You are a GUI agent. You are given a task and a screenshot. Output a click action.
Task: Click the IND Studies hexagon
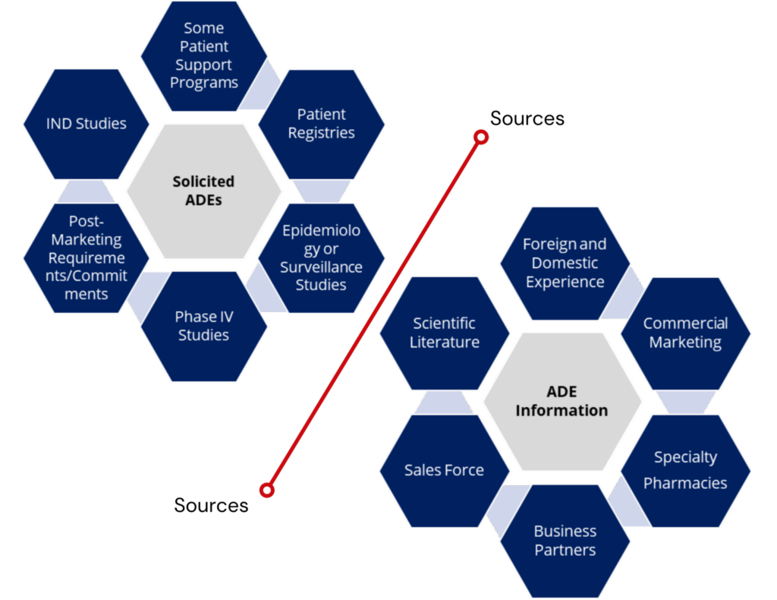[x=86, y=124]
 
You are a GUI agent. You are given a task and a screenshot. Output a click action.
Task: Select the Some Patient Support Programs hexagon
[x=203, y=55]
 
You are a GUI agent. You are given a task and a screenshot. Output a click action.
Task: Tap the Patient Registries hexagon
[x=322, y=124]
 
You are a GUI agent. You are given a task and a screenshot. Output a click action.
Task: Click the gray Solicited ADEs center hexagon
[x=203, y=191]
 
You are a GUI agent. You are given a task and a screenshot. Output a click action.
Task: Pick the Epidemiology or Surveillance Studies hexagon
[x=321, y=257]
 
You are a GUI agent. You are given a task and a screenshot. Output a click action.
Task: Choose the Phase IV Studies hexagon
[x=203, y=326]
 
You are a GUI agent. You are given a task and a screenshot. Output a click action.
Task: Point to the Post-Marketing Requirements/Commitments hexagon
[x=86, y=257]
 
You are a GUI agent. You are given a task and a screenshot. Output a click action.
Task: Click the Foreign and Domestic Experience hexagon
[x=565, y=263]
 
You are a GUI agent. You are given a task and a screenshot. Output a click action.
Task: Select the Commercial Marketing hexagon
[x=685, y=333]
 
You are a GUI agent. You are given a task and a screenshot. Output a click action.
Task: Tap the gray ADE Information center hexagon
[x=562, y=401]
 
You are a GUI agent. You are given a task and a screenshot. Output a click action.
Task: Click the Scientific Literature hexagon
[x=444, y=333]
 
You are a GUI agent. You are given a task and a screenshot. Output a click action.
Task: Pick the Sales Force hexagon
[x=444, y=470]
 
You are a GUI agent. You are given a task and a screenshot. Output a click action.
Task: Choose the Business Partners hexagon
[x=565, y=540]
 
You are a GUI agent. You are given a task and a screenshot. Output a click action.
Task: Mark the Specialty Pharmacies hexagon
[x=685, y=470]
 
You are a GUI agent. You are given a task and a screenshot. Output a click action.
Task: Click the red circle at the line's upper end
[x=480, y=137]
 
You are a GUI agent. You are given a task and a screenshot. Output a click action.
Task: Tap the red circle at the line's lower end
[x=266, y=490]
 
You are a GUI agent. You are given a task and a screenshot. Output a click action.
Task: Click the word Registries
[x=322, y=133]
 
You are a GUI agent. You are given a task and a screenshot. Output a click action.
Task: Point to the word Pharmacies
[x=685, y=483]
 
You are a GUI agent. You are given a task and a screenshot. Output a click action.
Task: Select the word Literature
[x=445, y=343]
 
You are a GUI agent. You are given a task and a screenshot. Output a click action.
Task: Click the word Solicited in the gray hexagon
[x=203, y=182]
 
